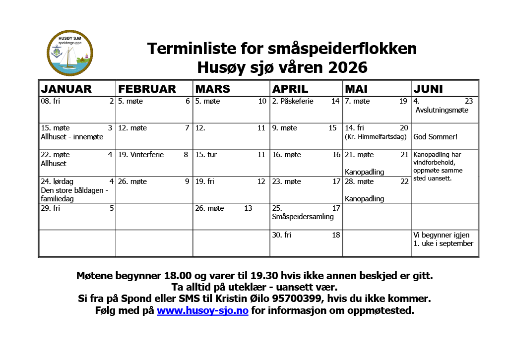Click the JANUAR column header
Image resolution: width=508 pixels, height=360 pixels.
click(x=66, y=89)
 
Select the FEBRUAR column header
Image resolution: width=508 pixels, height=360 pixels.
click(x=147, y=89)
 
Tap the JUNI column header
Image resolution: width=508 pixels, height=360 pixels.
click(x=428, y=89)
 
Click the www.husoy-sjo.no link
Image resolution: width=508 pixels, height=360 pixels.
click(x=202, y=311)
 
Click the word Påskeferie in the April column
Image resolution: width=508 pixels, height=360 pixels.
click(x=297, y=101)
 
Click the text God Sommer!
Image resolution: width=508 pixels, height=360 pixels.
click(x=435, y=137)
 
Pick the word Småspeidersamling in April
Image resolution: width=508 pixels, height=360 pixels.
click(x=303, y=217)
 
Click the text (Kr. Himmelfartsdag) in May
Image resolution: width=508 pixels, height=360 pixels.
click(x=376, y=137)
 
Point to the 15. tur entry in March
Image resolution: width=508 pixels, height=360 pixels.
click(x=206, y=155)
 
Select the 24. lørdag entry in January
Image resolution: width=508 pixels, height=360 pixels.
click(x=57, y=181)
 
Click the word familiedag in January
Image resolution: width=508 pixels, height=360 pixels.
click(x=57, y=199)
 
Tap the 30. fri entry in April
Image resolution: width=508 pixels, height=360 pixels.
click(x=281, y=235)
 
